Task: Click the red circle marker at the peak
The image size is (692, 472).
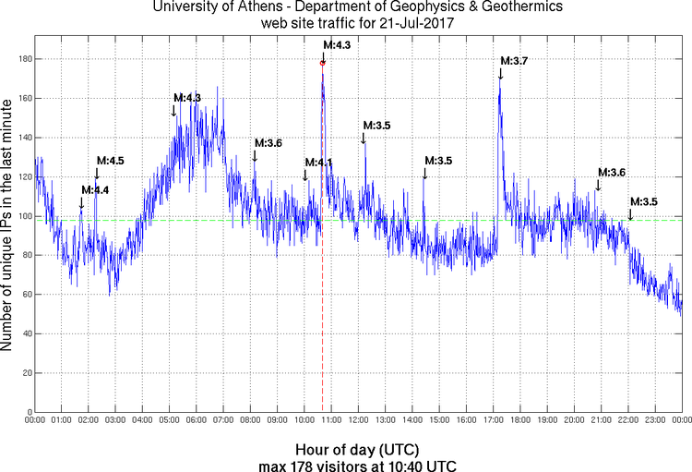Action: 323,63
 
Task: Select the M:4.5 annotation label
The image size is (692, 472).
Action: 110,161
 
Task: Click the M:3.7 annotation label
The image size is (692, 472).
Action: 514,61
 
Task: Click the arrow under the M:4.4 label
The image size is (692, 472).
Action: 81,202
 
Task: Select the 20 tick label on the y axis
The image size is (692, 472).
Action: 25,373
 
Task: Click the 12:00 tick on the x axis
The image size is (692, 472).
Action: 358,419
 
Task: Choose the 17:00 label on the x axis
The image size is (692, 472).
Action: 493,419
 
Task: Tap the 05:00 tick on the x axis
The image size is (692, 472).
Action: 169,419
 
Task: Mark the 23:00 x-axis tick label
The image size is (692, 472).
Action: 655,419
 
